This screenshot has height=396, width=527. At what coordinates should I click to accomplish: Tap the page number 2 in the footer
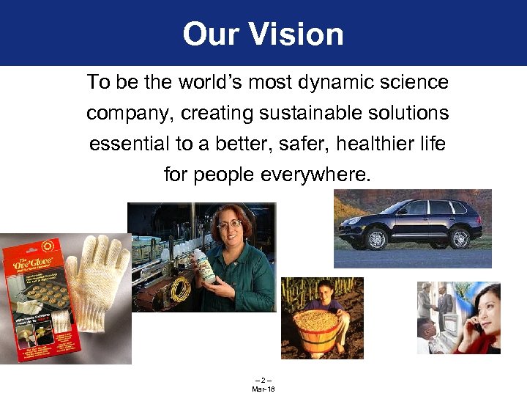pyautogui.click(x=263, y=380)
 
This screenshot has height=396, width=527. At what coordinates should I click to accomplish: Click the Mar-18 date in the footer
pyautogui.click(x=263, y=389)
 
